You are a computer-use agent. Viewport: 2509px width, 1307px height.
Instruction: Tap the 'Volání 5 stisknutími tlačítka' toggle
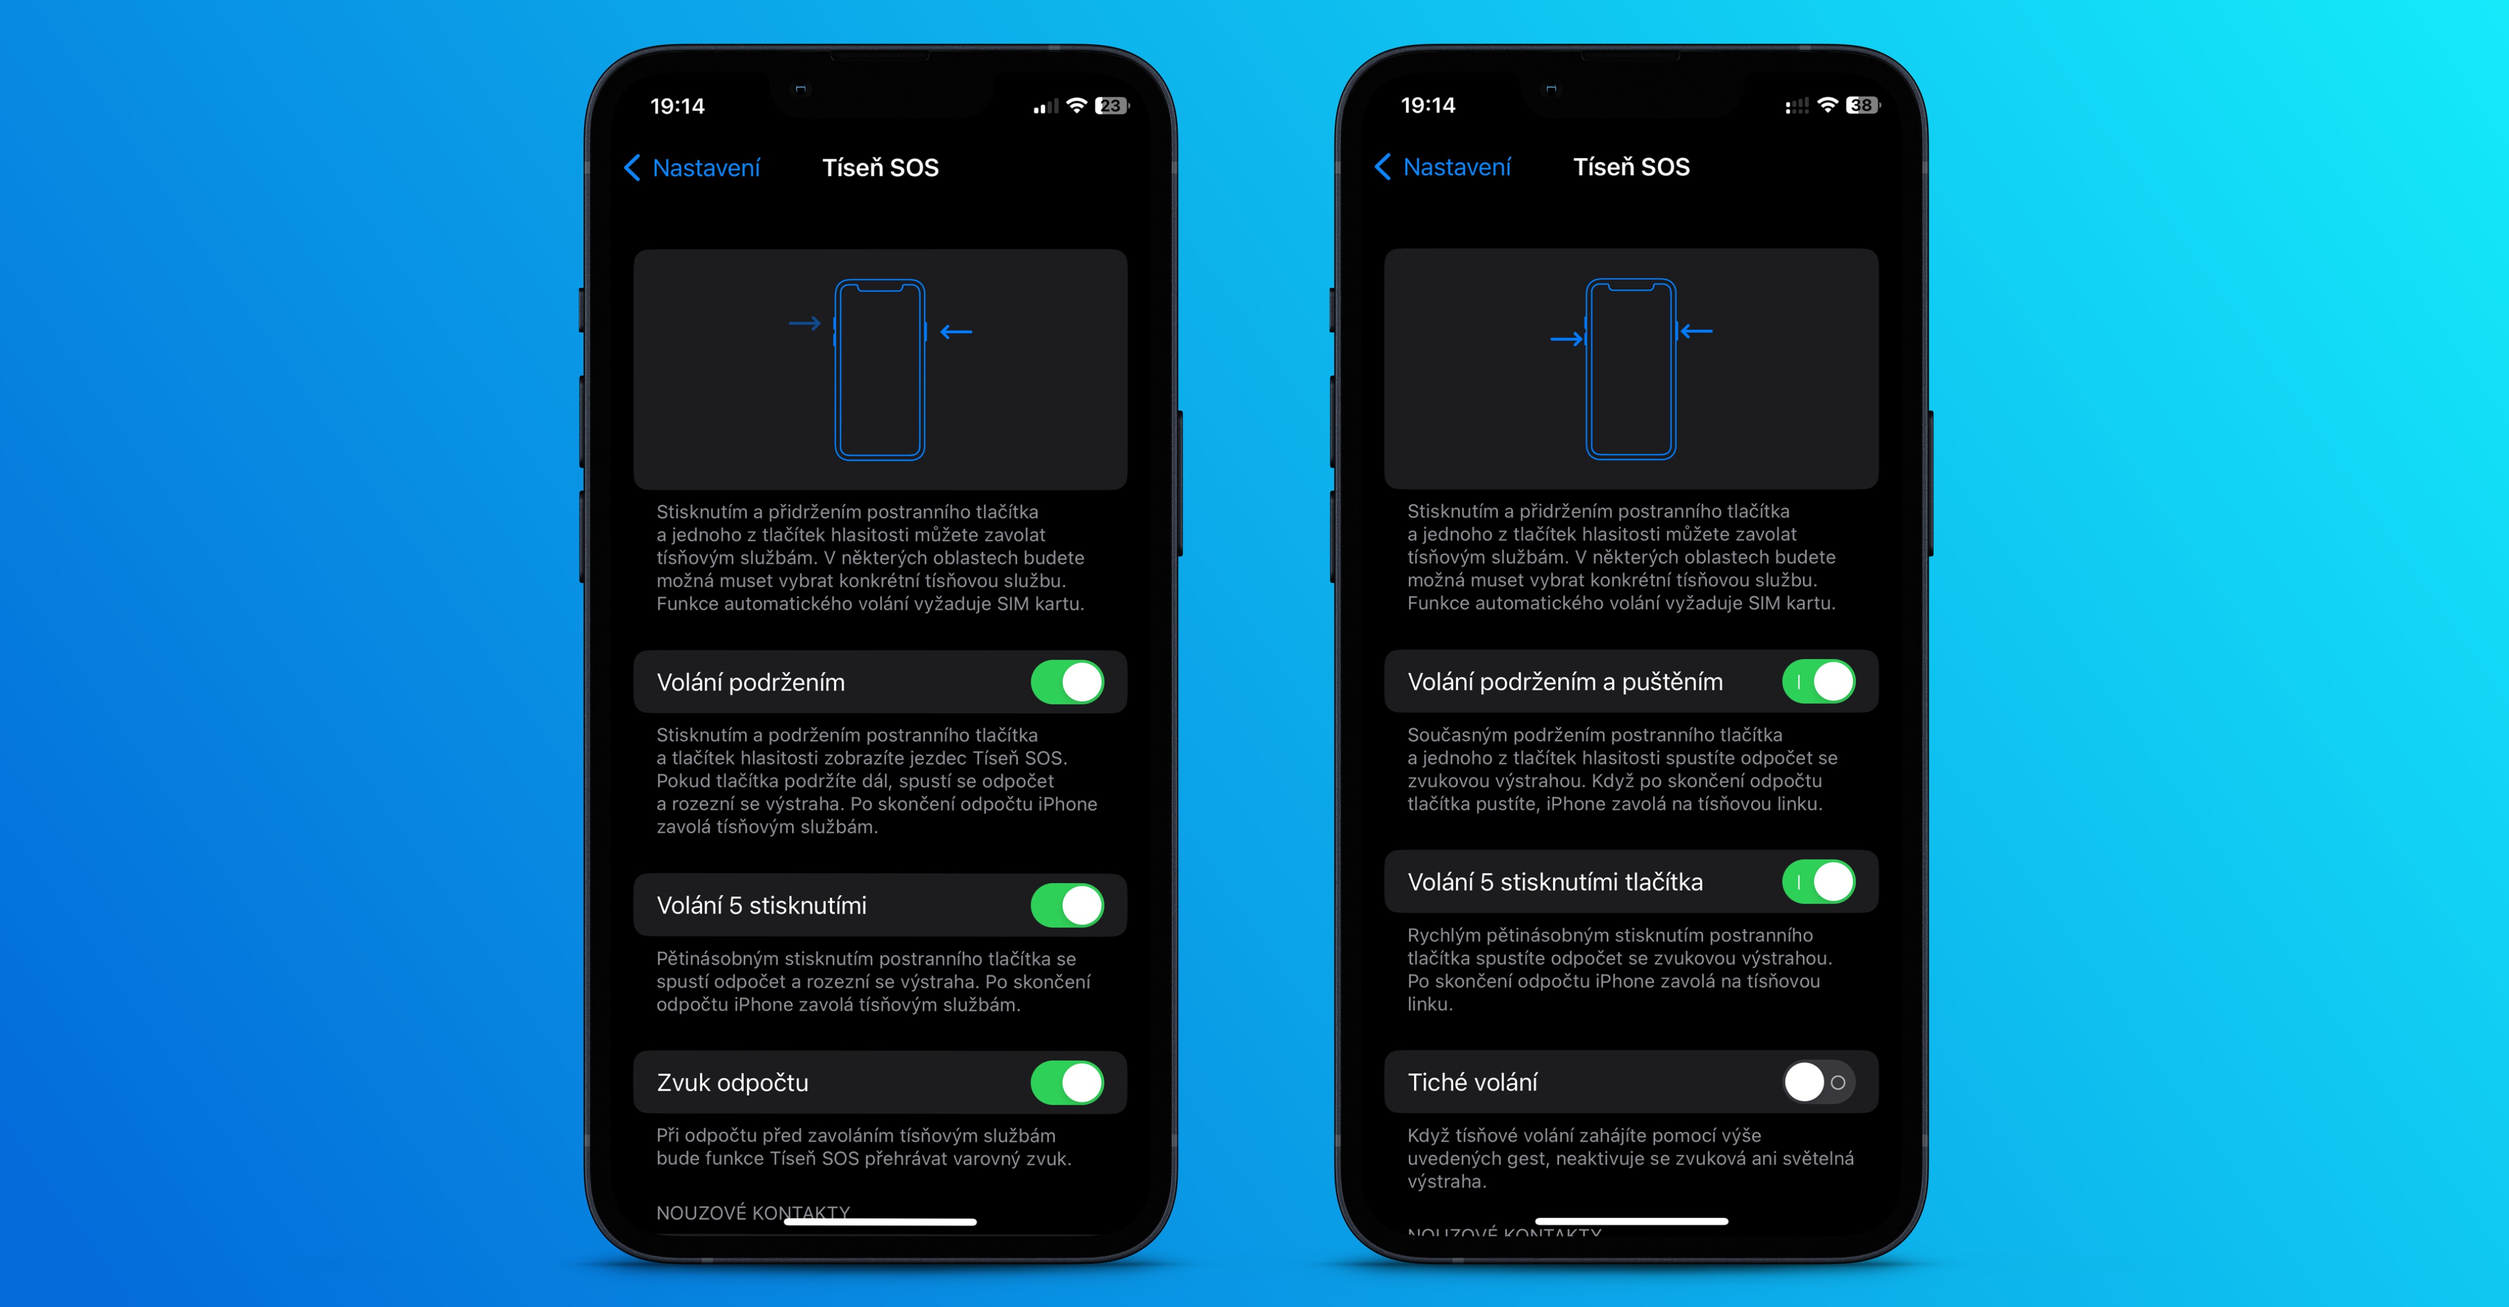click(1818, 881)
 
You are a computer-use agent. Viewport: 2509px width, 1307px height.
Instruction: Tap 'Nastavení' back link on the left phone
click(691, 168)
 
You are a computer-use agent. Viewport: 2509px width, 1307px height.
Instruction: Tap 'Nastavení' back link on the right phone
click(1442, 167)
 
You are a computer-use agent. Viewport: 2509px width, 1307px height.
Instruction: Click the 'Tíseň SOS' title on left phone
click(880, 168)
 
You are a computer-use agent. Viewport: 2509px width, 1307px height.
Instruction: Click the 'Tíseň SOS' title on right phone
click(1631, 167)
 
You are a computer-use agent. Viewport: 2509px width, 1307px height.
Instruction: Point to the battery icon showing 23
click(1111, 105)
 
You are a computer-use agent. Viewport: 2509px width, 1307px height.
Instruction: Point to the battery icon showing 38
click(1863, 105)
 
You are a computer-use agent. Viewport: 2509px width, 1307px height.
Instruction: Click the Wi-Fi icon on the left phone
click(1076, 105)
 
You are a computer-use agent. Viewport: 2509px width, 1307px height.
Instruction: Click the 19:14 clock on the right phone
click(1428, 105)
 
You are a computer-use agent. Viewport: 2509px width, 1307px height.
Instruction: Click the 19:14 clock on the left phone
click(677, 106)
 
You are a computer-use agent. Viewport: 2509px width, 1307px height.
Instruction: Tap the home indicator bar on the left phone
click(880, 1221)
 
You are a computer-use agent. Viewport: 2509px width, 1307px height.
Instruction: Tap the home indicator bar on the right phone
click(1631, 1221)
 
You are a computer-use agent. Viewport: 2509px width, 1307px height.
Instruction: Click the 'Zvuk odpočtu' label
click(732, 1082)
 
